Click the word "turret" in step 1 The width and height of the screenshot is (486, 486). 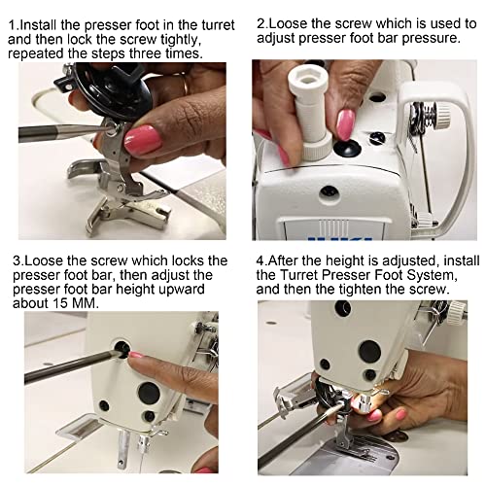click(x=218, y=25)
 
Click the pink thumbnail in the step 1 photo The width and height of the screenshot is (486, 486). click(x=143, y=140)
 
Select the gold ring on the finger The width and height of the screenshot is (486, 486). click(x=184, y=85)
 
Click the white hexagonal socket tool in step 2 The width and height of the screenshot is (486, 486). click(x=308, y=114)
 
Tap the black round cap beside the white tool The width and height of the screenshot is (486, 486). click(x=348, y=149)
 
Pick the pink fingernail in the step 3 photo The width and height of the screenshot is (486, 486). click(x=136, y=355)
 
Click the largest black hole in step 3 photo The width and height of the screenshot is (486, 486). click(x=149, y=393)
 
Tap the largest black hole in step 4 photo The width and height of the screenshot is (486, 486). click(x=369, y=352)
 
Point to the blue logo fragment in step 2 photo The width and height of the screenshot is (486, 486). click(x=340, y=238)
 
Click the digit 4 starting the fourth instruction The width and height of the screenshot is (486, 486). click(x=260, y=260)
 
